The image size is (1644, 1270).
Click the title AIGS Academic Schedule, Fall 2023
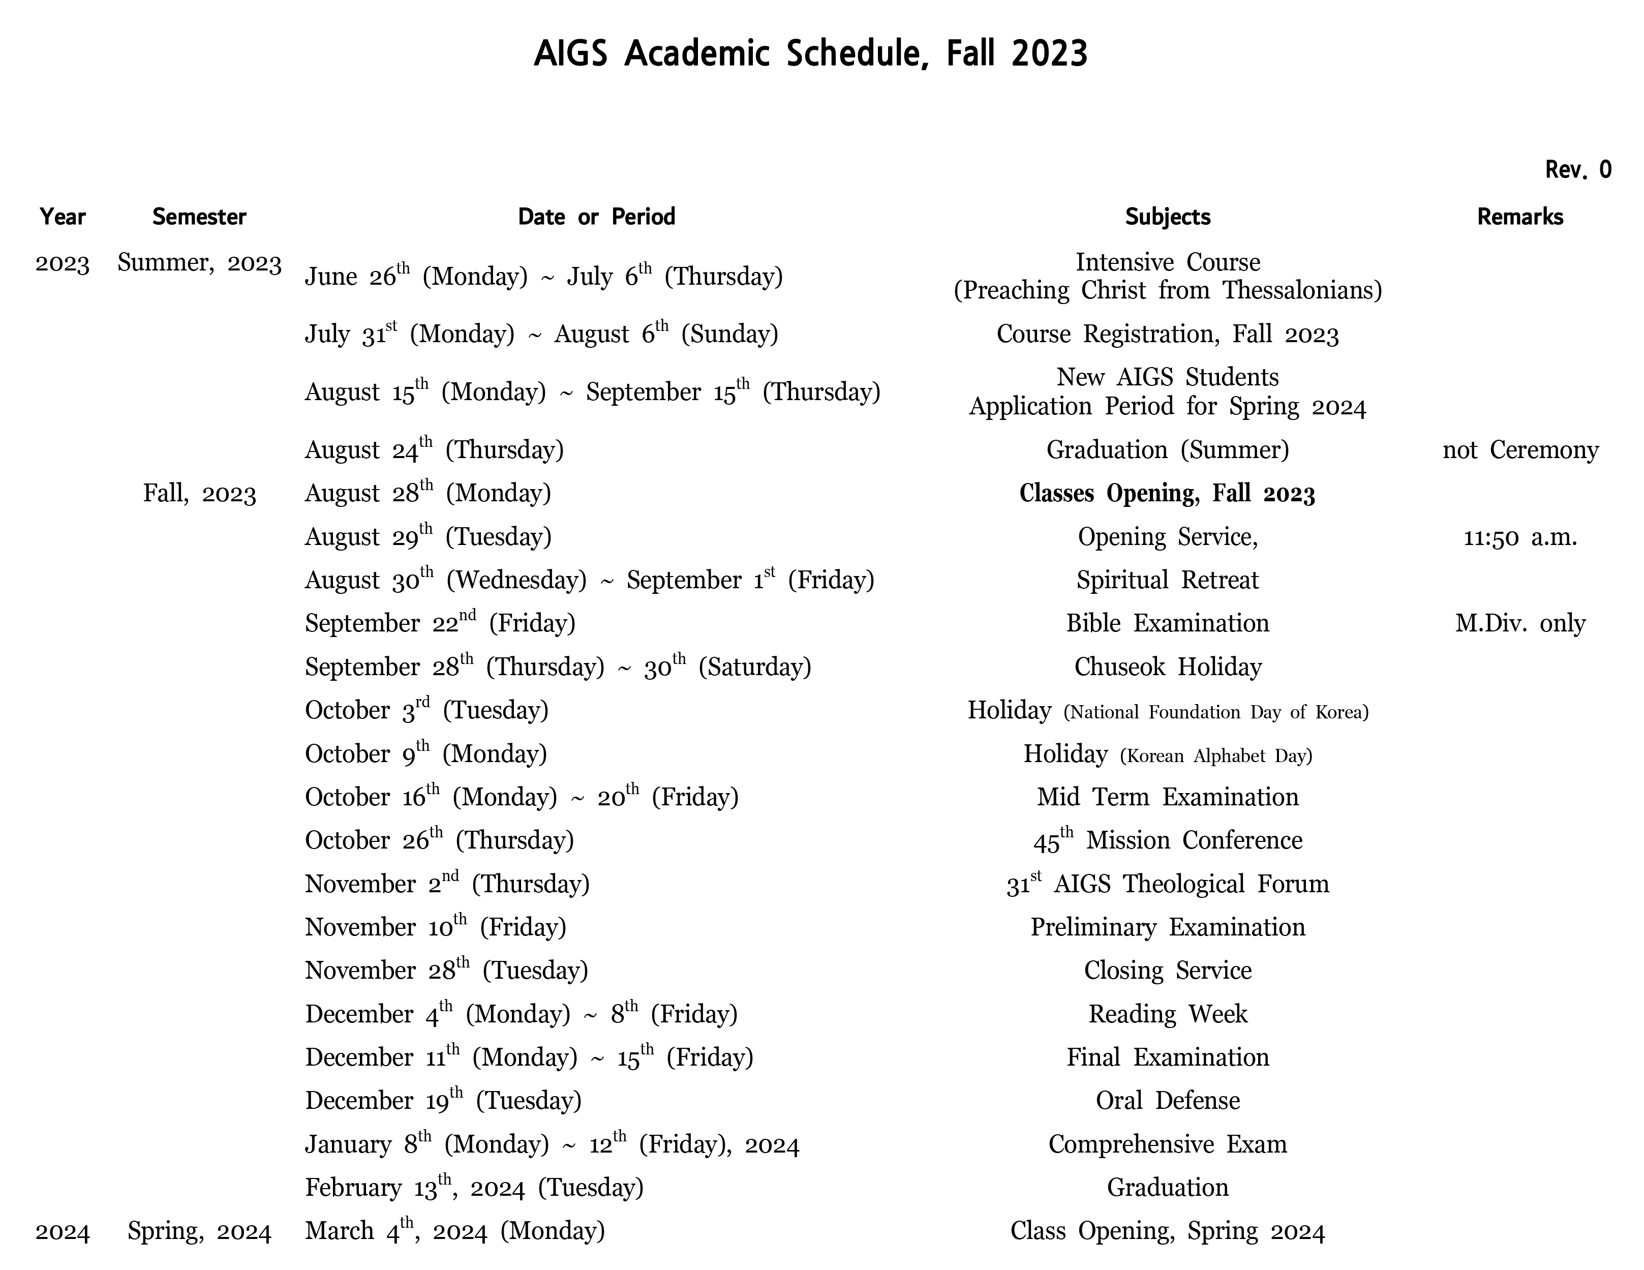tap(811, 54)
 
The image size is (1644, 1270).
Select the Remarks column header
tap(1520, 217)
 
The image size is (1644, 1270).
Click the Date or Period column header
tap(596, 217)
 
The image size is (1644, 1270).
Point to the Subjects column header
tap(1168, 217)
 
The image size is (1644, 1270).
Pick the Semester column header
tap(199, 217)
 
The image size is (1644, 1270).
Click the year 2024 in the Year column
tap(63, 1231)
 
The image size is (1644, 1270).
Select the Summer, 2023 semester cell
tap(199, 263)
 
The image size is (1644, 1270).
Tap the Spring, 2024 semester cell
tap(199, 1231)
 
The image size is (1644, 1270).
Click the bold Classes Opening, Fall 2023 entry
tap(1167, 494)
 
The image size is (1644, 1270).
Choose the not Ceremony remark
tap(1520, 450)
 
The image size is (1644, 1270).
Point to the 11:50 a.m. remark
tap(1520, 537)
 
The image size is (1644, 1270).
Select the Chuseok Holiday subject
tap(1168, 667)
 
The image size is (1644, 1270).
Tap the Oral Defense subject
tap(1168, 1101)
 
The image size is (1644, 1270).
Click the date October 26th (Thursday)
tap(439, 840)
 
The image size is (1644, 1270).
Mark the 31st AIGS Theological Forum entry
tap(1168, 884)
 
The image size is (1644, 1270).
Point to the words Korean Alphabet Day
tap(1215, 756)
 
